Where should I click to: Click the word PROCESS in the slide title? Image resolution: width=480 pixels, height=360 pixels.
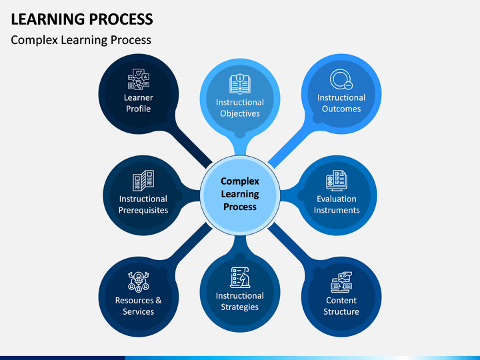(121, 19)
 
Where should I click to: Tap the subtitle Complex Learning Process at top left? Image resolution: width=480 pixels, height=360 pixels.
(81, 40)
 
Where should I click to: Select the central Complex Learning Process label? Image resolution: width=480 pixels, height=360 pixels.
(240, 194)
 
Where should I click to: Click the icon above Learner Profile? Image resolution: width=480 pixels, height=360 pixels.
(139, 79)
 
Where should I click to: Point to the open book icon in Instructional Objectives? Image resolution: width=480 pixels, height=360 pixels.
(240, 83)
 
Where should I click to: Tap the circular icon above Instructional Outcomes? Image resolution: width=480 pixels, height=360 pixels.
(341, 79)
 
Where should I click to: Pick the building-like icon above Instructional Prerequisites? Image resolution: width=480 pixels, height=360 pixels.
(143, 181)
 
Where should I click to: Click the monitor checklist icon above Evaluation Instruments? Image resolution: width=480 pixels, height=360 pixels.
(337, 181)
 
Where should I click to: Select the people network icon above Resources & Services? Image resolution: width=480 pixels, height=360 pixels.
(139, 281)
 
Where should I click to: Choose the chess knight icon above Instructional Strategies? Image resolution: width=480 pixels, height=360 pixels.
(240, 277)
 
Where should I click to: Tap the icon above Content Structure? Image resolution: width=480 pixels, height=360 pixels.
(341, 282)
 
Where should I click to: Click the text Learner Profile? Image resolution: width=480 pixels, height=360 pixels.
(139, 103)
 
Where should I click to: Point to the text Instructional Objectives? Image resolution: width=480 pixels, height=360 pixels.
(240, 108)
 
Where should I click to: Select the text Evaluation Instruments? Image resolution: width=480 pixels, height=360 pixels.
(337, 205)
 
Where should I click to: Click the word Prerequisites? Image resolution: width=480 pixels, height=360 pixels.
(143, 210)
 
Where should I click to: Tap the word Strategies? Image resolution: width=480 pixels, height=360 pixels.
(240, 307)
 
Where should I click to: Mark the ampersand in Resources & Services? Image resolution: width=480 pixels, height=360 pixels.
(158, 300)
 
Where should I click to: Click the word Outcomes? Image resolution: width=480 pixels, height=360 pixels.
(341, 109)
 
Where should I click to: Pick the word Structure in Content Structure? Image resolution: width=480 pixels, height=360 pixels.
(341, 311)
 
